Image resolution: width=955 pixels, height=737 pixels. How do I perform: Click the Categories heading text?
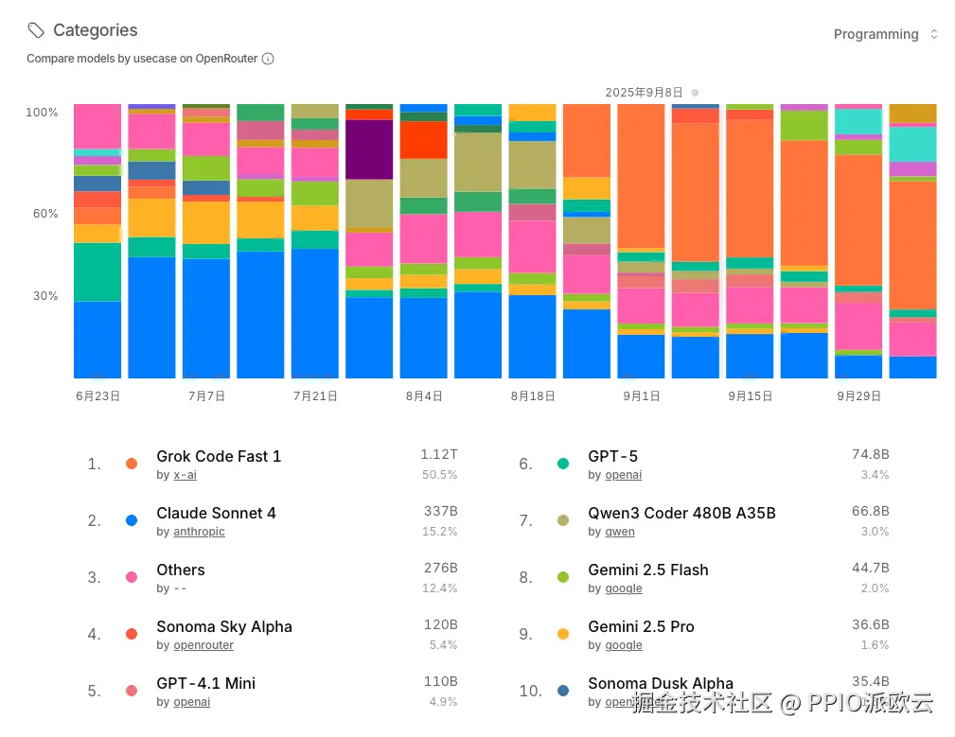coord(95,30)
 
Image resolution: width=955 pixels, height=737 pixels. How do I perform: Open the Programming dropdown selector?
coord(885,34)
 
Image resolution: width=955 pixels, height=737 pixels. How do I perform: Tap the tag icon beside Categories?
coord(36,30)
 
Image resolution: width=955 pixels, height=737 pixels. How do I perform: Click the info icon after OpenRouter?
coord(268,59)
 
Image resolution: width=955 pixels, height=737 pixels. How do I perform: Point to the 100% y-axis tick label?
coord(42,112)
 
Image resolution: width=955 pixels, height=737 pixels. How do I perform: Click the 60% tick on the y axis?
coord(44,214)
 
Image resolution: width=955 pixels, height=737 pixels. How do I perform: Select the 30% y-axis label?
coord(44,296)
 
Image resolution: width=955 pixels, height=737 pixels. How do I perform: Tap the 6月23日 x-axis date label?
coord(97,396)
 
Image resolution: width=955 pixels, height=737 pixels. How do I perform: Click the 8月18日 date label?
coord(532,396)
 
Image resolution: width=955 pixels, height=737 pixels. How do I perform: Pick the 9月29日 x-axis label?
coord(858,396)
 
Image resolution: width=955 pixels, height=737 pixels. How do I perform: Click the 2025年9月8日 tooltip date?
coord(645,93)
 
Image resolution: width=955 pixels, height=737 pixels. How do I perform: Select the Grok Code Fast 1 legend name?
coord(219,456)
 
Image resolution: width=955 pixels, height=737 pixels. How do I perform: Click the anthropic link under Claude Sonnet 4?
coord(199,532)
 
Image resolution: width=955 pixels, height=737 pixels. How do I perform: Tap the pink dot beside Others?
coord(132,577)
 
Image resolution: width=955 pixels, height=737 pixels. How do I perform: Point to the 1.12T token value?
coord(439,455)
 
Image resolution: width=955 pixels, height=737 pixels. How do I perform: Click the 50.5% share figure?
coord(440,475)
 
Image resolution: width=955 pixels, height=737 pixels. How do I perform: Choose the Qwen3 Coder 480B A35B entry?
coord(681,513)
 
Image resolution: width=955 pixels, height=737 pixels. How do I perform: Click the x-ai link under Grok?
coord(185,475)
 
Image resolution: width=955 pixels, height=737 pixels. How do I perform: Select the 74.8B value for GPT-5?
coord(871,455)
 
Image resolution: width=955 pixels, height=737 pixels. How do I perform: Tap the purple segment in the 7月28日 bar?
coord(369,149)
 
